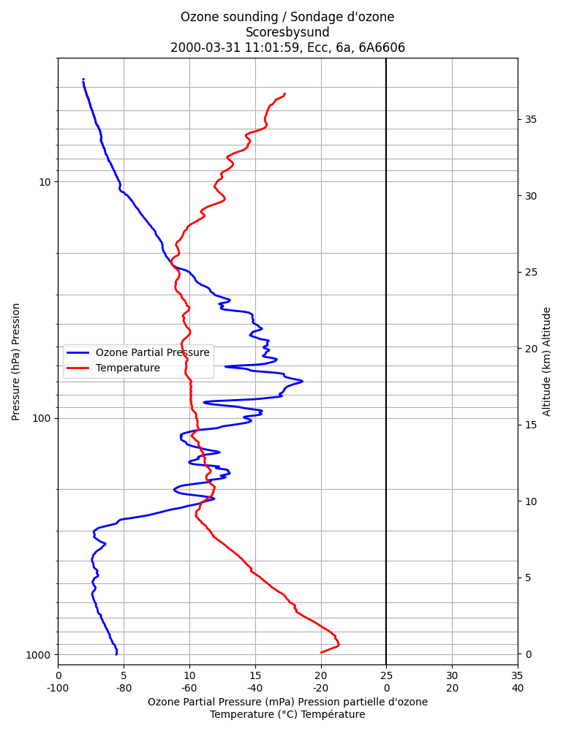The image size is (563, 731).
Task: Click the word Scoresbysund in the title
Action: coord(287,32)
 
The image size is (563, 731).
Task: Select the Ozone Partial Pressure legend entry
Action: coord(138,352)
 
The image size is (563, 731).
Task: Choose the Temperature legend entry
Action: coord(113,368)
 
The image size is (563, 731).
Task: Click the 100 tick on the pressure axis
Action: coord(42,418)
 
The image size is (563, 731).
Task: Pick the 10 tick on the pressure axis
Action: coord(45,182)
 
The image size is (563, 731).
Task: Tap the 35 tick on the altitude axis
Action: coord(531,119)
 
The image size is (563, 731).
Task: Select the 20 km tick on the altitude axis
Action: coord(531,349)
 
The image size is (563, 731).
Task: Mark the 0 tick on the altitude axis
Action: coord(529,654)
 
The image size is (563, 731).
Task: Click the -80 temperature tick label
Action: coord(124,688)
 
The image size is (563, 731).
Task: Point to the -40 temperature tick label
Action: coord(255,688)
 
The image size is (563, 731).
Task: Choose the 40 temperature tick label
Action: coord(517,688)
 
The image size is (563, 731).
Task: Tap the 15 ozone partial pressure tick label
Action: coord(255,675)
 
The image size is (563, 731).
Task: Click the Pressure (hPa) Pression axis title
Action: coord(16,362)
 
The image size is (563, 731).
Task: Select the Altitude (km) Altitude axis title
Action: coord(547,362)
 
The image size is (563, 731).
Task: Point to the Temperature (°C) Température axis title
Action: coord(287,715)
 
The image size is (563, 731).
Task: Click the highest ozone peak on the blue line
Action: coord(303,382)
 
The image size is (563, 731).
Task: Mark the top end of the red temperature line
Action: coord(284,94)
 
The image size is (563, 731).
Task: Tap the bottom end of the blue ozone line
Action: coord(116,654)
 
